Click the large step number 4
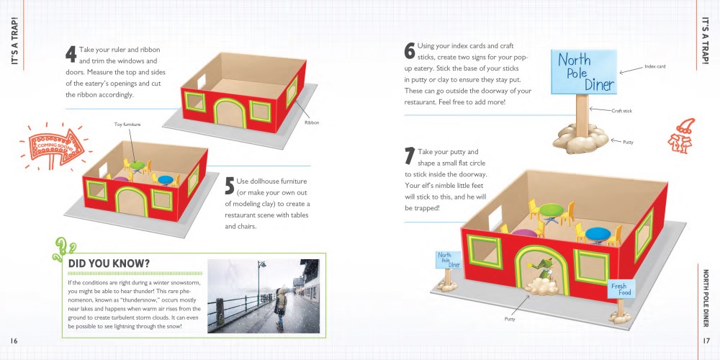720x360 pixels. [71, 54]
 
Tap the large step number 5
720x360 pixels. [230, 185]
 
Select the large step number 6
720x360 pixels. [410, 51]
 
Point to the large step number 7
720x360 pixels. [410, 156]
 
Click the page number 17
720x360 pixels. [706, 340]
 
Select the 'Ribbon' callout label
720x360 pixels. [310, 122]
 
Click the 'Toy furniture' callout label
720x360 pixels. [127, 125]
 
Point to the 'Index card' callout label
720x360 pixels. [654, 66]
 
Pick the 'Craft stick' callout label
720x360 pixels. [621, 111]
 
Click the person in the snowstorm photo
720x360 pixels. [279, 307]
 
